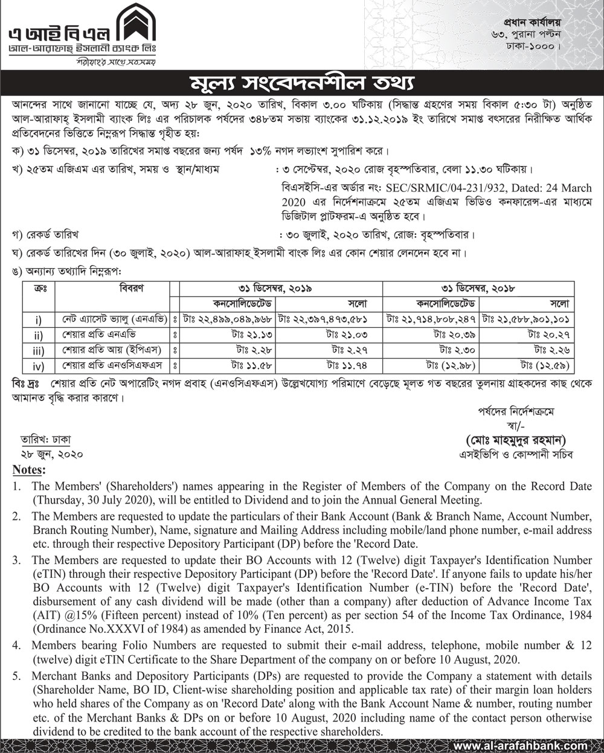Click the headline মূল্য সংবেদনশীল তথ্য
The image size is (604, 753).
(302, 82)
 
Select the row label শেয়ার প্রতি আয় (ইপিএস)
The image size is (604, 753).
(112, 349)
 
